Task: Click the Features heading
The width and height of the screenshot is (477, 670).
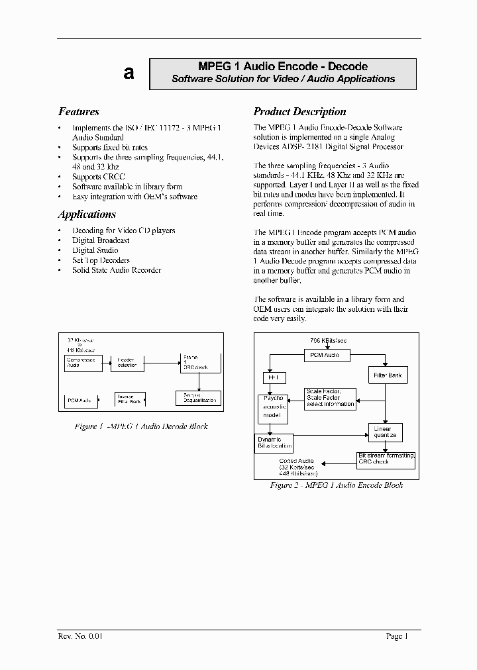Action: pos(79,112)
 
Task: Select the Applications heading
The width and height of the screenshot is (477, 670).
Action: pos(87,215)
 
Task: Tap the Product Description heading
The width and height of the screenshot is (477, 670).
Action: pos(299,112)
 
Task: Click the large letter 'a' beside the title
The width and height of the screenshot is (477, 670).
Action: pos(129,73)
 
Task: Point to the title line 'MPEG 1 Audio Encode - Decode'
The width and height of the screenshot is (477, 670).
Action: pos(283,67)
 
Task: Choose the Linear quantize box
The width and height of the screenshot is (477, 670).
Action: pos(384,432)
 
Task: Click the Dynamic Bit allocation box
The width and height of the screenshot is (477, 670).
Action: pos(274,443)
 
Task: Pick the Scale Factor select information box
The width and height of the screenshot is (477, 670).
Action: pos(331,397)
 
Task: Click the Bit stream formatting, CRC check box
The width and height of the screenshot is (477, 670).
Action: pos(386,459)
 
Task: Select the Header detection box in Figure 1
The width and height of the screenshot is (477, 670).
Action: pos(127,363)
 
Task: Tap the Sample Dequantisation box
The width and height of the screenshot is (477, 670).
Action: pos(197,398)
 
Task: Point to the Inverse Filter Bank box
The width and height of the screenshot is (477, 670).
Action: pos(130,399)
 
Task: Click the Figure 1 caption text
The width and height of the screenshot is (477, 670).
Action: pos(141,427)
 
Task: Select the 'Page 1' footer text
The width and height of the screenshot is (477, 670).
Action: pos(397,637)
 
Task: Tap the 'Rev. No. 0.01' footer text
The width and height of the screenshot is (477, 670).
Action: pos(80,637)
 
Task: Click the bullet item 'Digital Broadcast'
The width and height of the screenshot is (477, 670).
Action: pos(101,240)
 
